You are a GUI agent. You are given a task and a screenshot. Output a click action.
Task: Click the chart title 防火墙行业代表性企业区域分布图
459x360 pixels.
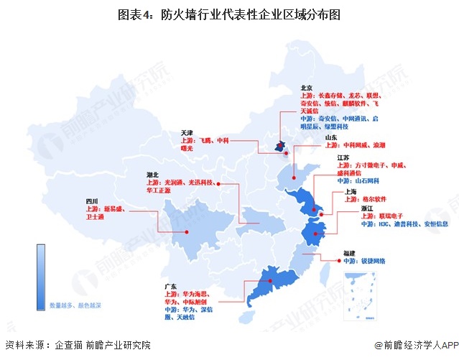tap(229, 14)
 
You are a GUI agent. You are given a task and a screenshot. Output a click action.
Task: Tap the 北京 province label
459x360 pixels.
tap(307, 88)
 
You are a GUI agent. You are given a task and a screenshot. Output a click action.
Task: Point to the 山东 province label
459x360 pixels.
tap(331, 137)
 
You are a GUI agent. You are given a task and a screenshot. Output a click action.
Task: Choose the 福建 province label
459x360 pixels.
tap(350, 253)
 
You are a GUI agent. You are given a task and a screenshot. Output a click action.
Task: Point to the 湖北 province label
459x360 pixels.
tap(152, 175)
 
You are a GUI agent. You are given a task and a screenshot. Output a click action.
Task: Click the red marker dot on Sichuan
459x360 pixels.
tap(187, 231)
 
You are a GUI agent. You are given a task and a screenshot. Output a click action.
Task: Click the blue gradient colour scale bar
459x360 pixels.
tap(42, 277)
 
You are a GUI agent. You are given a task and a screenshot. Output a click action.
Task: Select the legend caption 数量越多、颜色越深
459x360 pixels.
tap(75, 305)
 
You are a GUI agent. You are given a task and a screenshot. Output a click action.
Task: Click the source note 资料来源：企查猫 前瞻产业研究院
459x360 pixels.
tap(78, 346)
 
